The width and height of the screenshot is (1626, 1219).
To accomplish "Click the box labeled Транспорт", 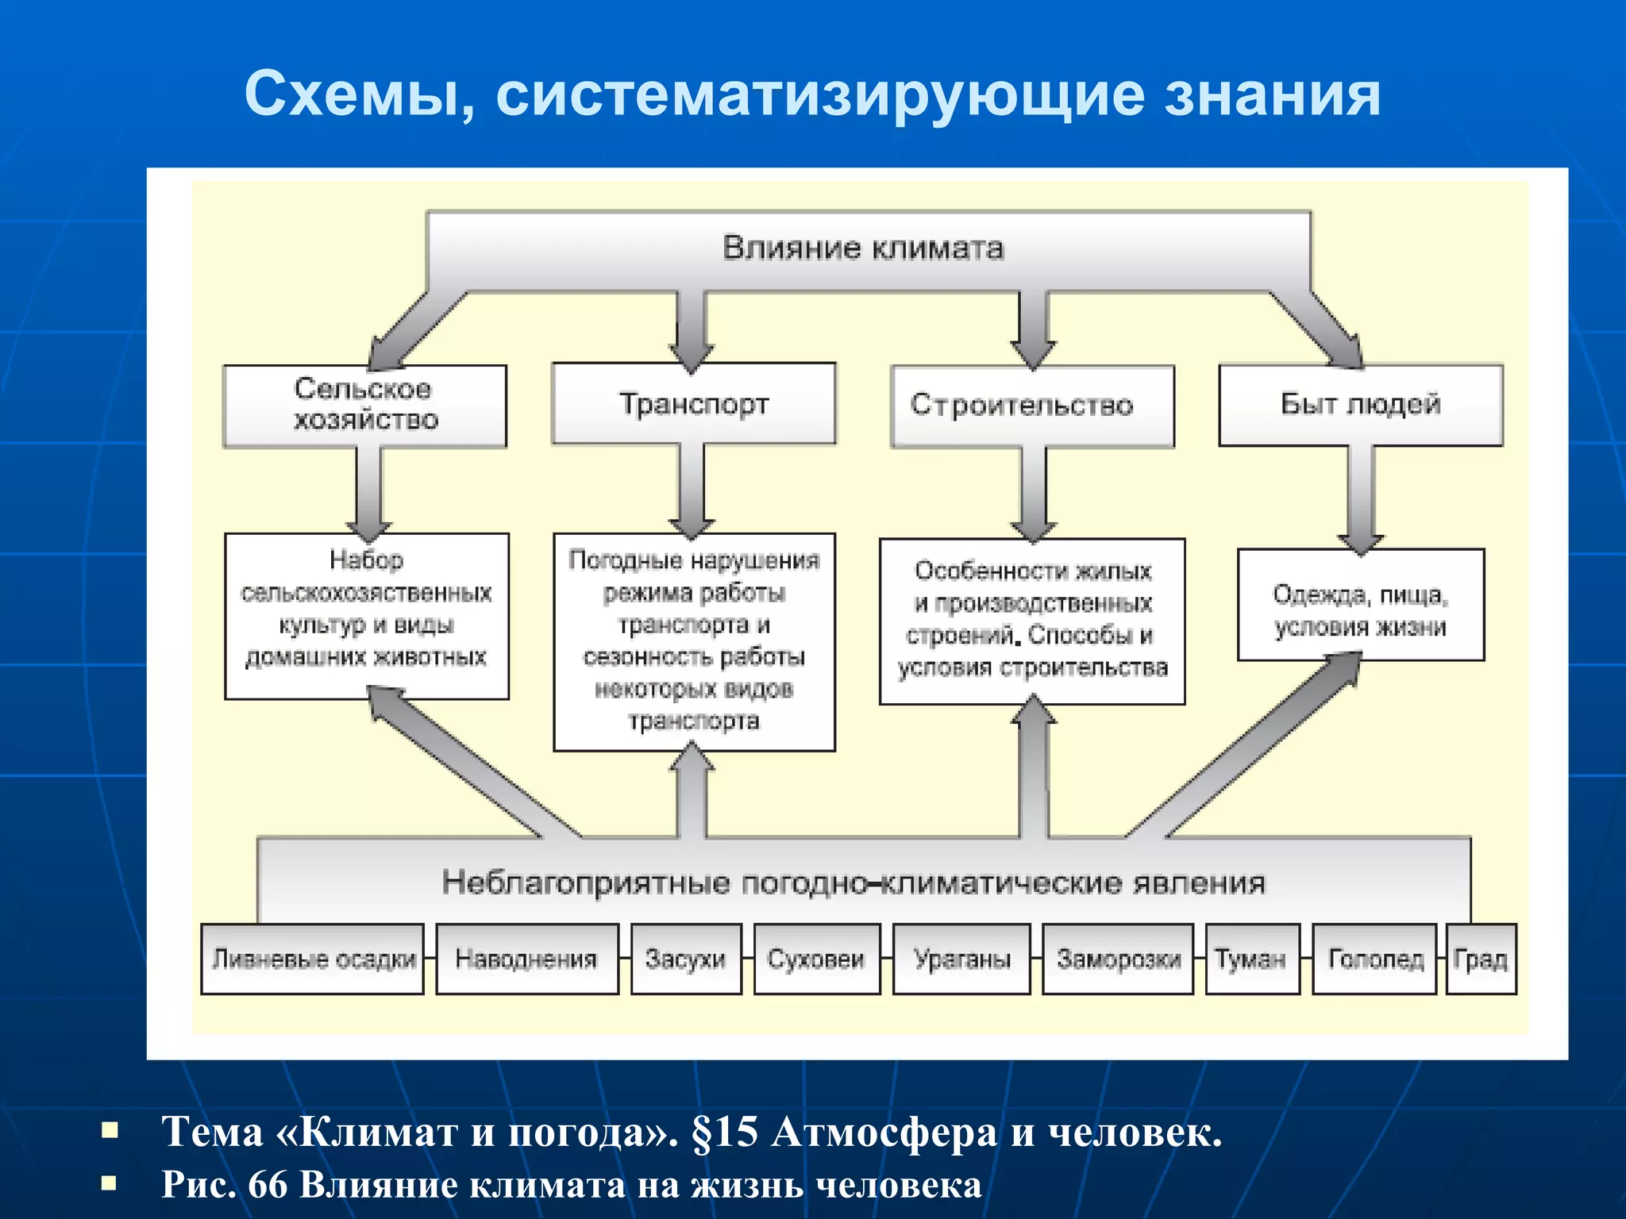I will [x=694, y=403].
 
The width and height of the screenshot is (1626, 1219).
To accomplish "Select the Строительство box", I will [x=1032, y=406].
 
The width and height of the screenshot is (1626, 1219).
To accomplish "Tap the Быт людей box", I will [x=1361, y=405].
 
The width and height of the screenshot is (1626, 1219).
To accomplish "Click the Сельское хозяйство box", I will [x=364, y=406].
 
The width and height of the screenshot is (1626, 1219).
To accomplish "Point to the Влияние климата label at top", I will [x=863, y=248].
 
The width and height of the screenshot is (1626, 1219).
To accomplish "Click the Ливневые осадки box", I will [x=313, y=959].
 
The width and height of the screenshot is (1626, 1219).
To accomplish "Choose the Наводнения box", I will [x=526, y=959].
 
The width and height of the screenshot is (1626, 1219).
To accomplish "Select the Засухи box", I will [x=686, y=959].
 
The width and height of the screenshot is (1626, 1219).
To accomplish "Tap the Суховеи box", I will [x=816, y=959].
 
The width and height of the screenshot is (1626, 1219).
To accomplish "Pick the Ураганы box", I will [x=961, y=959].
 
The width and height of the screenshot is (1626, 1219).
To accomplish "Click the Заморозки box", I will [x=1118, y=959].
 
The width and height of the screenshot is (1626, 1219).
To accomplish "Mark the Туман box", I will [x=1252, y=959].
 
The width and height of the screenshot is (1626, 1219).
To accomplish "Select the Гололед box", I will [x=1375, y=959].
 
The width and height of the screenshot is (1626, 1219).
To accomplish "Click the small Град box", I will [x=1481, y=959].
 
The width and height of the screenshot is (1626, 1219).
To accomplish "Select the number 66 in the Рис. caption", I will [x=268, y=1185].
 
